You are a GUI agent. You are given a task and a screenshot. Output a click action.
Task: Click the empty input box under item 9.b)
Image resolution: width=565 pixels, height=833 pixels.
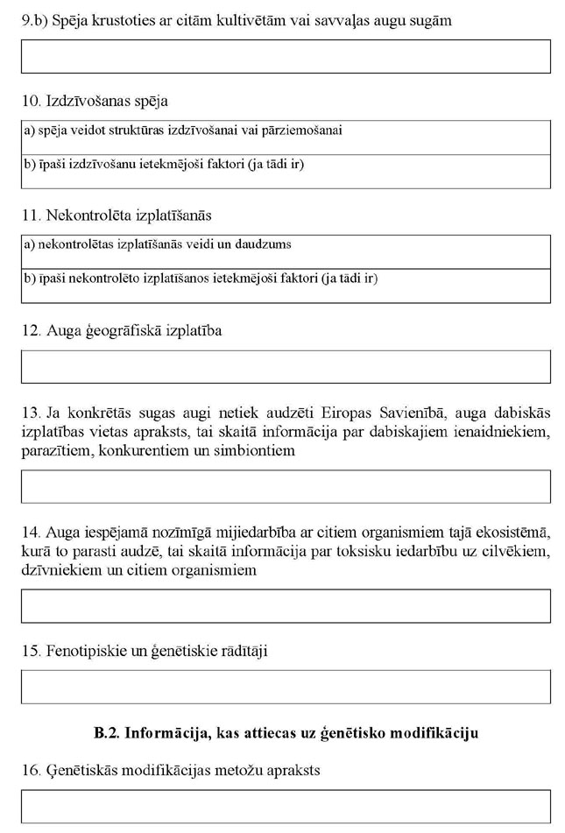(x=286, y=56)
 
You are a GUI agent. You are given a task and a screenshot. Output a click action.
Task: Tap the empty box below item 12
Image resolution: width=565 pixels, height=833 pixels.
(x=286, y=367)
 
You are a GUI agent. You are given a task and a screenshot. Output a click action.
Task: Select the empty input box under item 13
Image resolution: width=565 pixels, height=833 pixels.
(x=286, y=486)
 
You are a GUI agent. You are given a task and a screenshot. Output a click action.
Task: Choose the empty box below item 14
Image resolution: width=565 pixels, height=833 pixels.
(x=286, y=605)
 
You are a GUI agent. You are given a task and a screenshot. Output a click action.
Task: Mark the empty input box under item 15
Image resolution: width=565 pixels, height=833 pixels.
(x=286, y=687)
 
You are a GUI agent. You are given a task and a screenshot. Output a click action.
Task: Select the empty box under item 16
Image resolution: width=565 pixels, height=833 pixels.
(x=286, y=806)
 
